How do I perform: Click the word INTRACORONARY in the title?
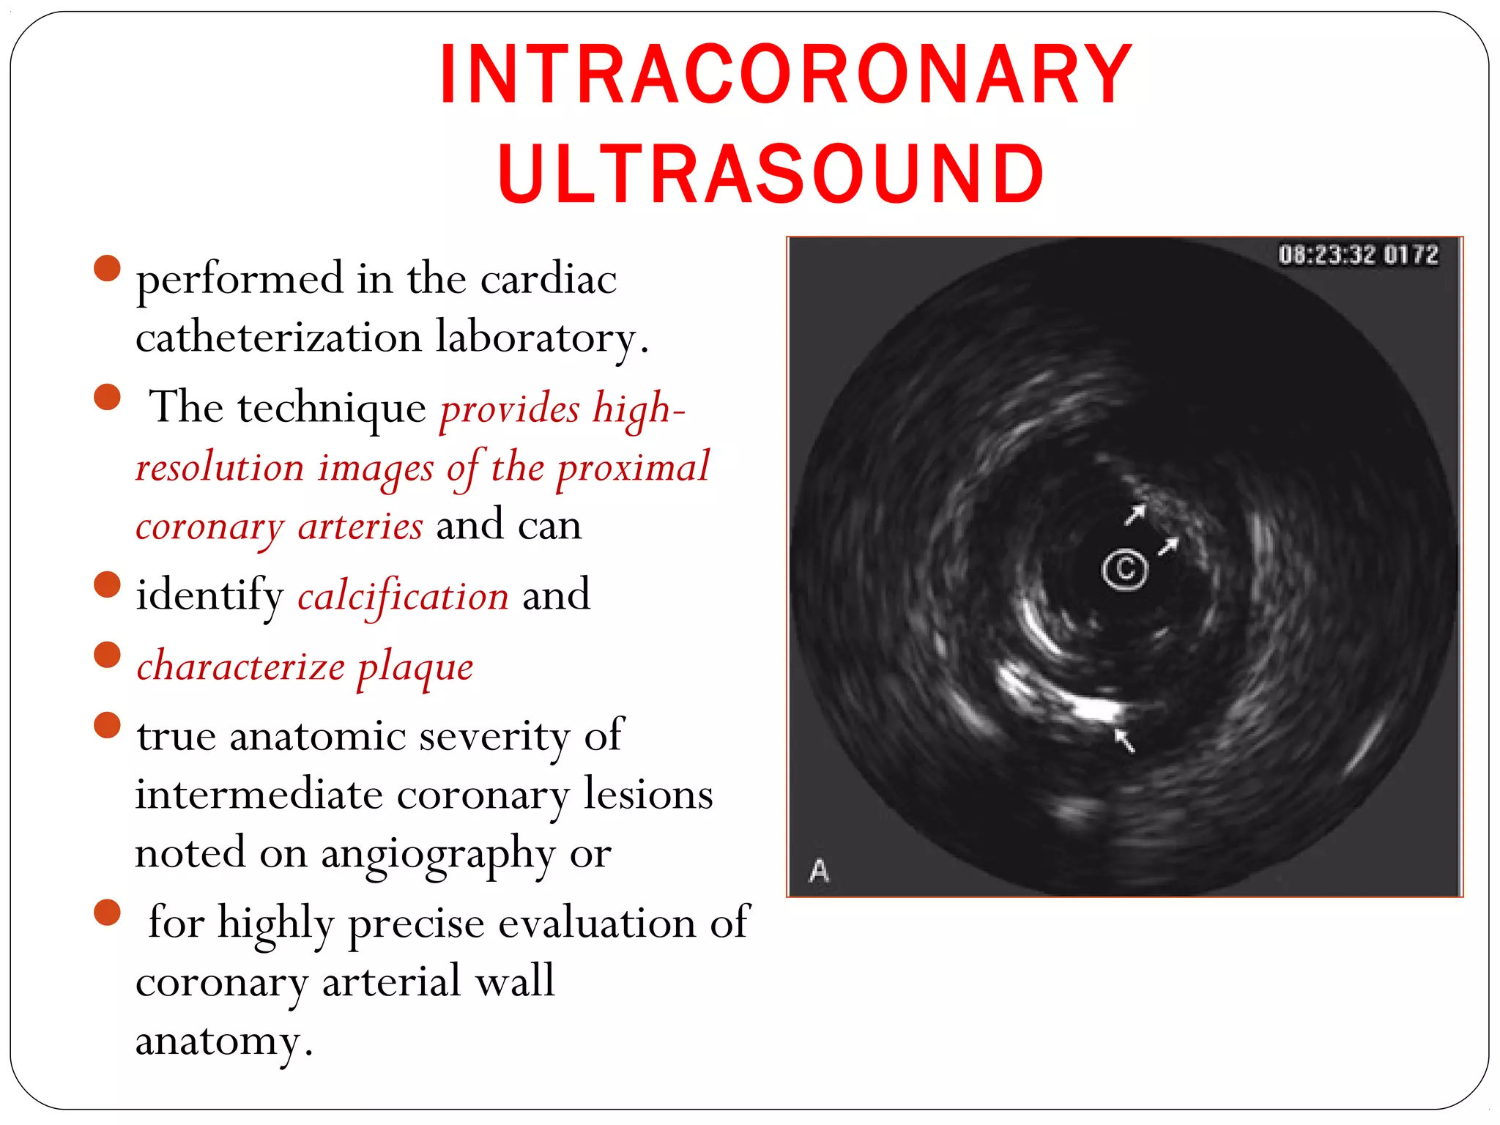786,74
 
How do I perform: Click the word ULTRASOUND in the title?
771,174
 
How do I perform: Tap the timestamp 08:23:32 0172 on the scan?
1358,255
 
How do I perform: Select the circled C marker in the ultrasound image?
1124,568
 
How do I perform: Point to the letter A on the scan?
819,871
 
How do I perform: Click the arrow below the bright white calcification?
1124,739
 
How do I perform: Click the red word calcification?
403,595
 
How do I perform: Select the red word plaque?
415,667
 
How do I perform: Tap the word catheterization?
278,338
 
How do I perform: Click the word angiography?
438,854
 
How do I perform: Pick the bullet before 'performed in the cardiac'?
107,268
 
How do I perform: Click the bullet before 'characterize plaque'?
107,655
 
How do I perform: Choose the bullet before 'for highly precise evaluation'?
107,913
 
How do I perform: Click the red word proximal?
633,467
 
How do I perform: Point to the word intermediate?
259,795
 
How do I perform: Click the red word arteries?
360,526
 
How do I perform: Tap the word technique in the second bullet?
331,408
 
